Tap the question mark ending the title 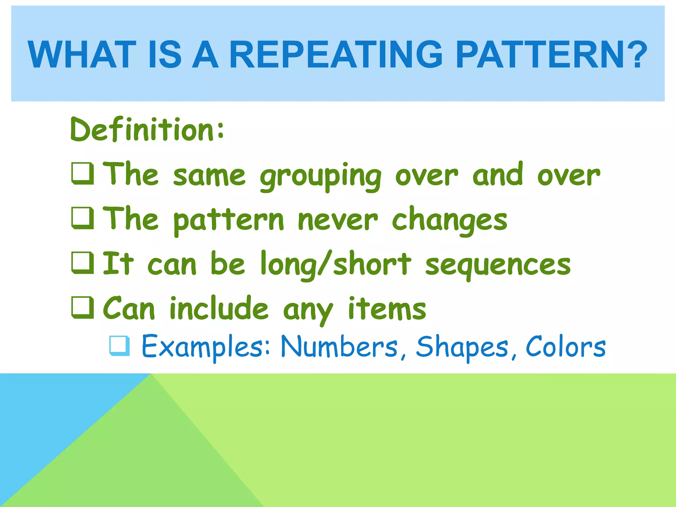pos(635,55)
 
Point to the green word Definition pos(147,130)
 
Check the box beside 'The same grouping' pos(83,174)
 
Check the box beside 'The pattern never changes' pos(83,218)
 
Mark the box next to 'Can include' pos(83,308)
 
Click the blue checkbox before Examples pos(119,346)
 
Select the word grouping pos(320,177)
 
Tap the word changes pos(449,220)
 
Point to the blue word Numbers pos(339,347)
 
